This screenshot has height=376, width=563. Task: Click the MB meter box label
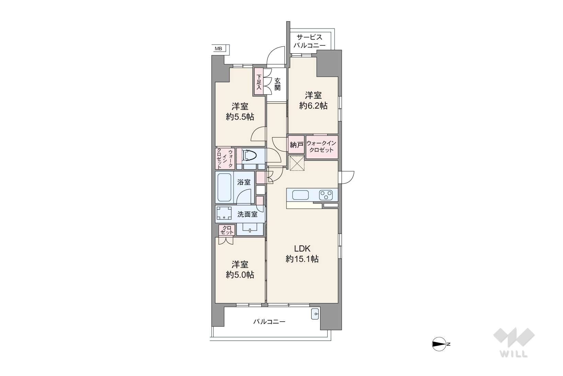point(218,49)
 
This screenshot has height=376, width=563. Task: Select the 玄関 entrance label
point(277,84)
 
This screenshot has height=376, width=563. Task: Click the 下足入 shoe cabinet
point(259,82)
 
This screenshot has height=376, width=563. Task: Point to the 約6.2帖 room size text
point(313,106)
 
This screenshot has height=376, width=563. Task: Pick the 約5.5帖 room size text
point(240,117)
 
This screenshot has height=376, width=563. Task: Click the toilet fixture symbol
point(250,155)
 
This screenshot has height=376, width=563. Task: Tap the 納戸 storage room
point(296,144)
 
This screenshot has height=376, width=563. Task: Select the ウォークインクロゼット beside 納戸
point(322,147)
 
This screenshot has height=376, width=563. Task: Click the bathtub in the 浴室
point(224,187)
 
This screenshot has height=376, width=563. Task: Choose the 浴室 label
point(244,182)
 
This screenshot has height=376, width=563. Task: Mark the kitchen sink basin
point(301,195)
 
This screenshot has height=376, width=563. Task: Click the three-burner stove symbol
point(326,195)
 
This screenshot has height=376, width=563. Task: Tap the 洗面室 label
point(247,214)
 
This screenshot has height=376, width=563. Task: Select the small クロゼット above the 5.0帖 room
point(227,230)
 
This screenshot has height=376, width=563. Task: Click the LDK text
point(302,249)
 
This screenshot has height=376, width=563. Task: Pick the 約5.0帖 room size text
point(240,275)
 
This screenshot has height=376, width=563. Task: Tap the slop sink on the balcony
point(315,314)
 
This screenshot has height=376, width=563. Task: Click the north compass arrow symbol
point(439,344)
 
